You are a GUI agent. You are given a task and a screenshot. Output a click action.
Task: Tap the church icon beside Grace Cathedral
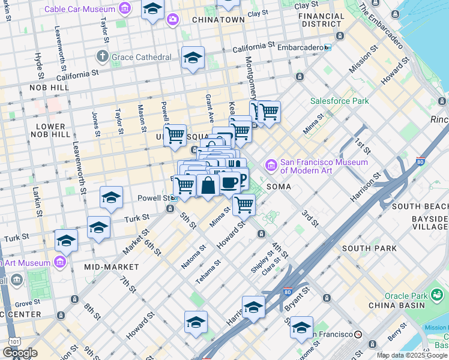click(101, 57)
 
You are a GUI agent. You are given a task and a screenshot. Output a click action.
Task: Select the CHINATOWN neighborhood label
click(218, 20)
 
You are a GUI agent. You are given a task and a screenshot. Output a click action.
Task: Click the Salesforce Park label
click(339, 101)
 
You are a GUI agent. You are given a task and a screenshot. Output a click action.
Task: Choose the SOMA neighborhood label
click(279, 187)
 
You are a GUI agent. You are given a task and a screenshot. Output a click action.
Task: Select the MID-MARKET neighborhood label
click(111, 266)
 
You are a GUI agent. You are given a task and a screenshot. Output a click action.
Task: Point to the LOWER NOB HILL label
click(50, 131)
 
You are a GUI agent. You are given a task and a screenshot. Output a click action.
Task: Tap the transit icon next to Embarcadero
click(327, 47)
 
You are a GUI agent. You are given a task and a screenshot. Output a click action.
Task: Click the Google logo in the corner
click(20, 353)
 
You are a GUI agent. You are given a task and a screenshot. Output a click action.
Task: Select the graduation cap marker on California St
click(193, 58)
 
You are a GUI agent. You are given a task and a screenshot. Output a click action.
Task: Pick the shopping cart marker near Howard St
click(244, 204)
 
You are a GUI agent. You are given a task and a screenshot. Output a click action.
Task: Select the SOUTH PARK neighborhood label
click(369, 248)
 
